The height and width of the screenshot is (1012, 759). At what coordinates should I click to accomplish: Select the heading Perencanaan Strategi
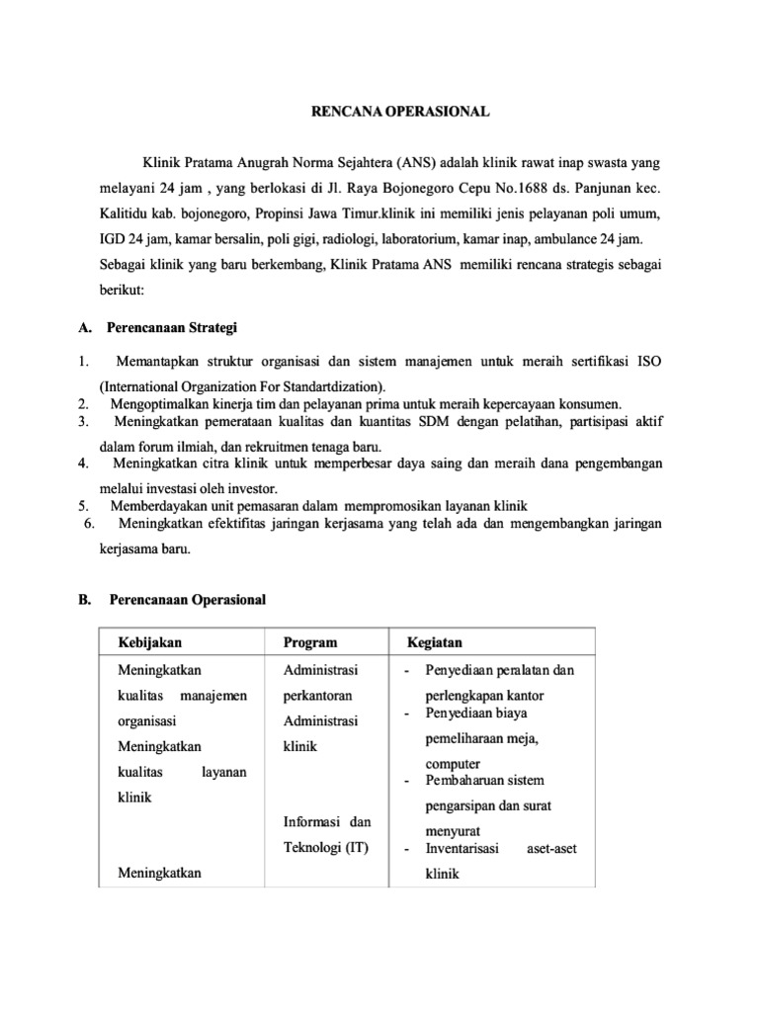(173, 328)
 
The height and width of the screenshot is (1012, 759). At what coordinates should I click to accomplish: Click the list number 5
(84, 505)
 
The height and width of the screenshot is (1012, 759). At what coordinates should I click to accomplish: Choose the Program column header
(309, 642)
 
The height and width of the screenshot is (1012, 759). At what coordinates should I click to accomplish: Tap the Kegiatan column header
(434, 642)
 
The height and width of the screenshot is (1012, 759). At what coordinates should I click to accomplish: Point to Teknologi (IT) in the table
(325, 847)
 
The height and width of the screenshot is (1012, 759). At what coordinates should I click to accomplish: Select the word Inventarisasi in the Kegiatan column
(463, 848)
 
